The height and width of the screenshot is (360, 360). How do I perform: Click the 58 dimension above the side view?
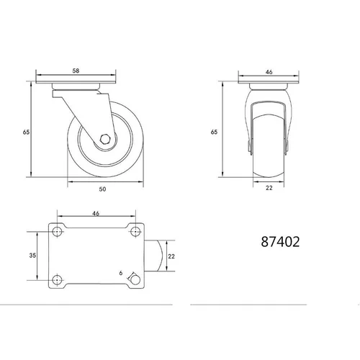coord(76,71)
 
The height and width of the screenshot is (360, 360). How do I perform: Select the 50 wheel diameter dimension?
coord(102,189)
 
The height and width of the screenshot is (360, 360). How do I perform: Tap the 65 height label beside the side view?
coord(26,132)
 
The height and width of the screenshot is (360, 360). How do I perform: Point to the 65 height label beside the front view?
coord(214,132)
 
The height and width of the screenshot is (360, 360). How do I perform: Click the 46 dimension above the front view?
coord(269,72)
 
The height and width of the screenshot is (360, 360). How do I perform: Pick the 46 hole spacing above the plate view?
coord(96,213)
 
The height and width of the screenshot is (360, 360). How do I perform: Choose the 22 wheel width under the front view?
coord(269,188)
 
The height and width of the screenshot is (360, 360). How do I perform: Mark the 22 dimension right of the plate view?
coord(171,256)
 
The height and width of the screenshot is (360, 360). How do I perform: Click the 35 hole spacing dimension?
coord(32,256)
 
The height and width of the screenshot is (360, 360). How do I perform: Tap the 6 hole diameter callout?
coord(121,273)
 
